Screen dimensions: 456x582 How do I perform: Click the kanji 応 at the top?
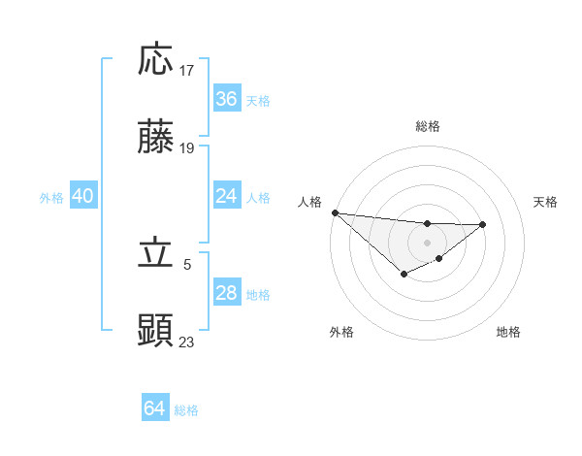click(x=156, y=60)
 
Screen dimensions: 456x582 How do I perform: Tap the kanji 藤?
click(x=156, y=140)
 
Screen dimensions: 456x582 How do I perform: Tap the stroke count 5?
click(x=188, y=263)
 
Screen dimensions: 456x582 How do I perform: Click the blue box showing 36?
click(x=227, y=98)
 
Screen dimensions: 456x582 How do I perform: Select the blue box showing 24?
click(x=227, y=196)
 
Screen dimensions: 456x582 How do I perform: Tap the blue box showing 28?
click(x=227, y=293)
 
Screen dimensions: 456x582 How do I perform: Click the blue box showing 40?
click(x=83, y=196)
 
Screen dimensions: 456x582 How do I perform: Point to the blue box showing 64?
click(x=155, y=408)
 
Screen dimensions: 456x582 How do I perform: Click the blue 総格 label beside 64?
click(x=186, y=410)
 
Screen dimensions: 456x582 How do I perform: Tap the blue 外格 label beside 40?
click(x=51, y=198)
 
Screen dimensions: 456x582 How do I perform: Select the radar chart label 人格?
click(x=308, y=202)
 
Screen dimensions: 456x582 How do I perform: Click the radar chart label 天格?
click(x=546, y=202)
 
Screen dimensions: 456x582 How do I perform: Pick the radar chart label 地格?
click(x=508, y=332)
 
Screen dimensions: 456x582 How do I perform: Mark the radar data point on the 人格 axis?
click(x=335, y=212)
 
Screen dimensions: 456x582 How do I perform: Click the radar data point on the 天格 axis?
click(x=482, y=225)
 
